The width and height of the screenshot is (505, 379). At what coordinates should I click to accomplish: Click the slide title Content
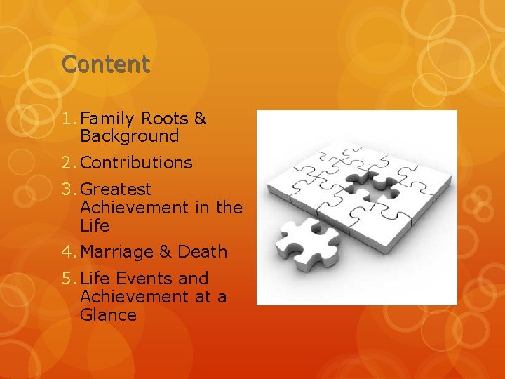click(105, 65)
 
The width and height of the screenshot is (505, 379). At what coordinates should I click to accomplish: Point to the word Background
click(130, 136)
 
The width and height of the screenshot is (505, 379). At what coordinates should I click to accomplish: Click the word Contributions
click(136, 163)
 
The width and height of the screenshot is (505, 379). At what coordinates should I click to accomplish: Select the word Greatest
click(116, 189)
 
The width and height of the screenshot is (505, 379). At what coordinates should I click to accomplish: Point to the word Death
click(203, 251)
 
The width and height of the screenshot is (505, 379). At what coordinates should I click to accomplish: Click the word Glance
click(108, 314)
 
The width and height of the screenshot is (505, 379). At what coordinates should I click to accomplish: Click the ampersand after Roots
click(201, 118)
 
